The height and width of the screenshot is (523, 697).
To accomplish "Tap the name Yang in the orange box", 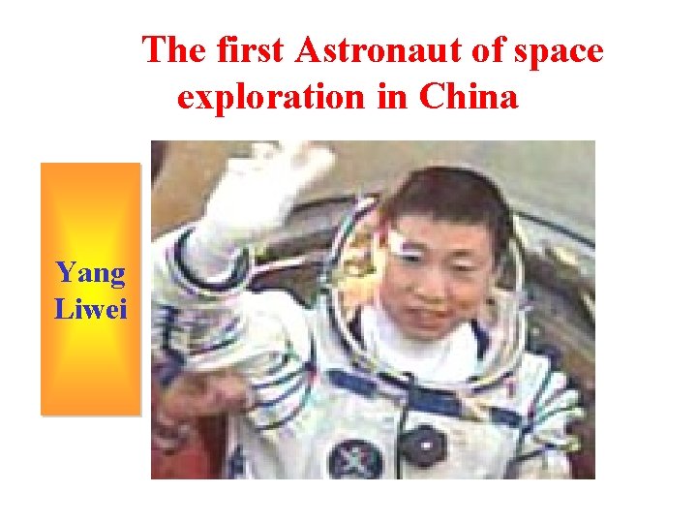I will (90, 273).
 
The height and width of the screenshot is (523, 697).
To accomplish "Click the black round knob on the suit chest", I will (423, 445).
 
